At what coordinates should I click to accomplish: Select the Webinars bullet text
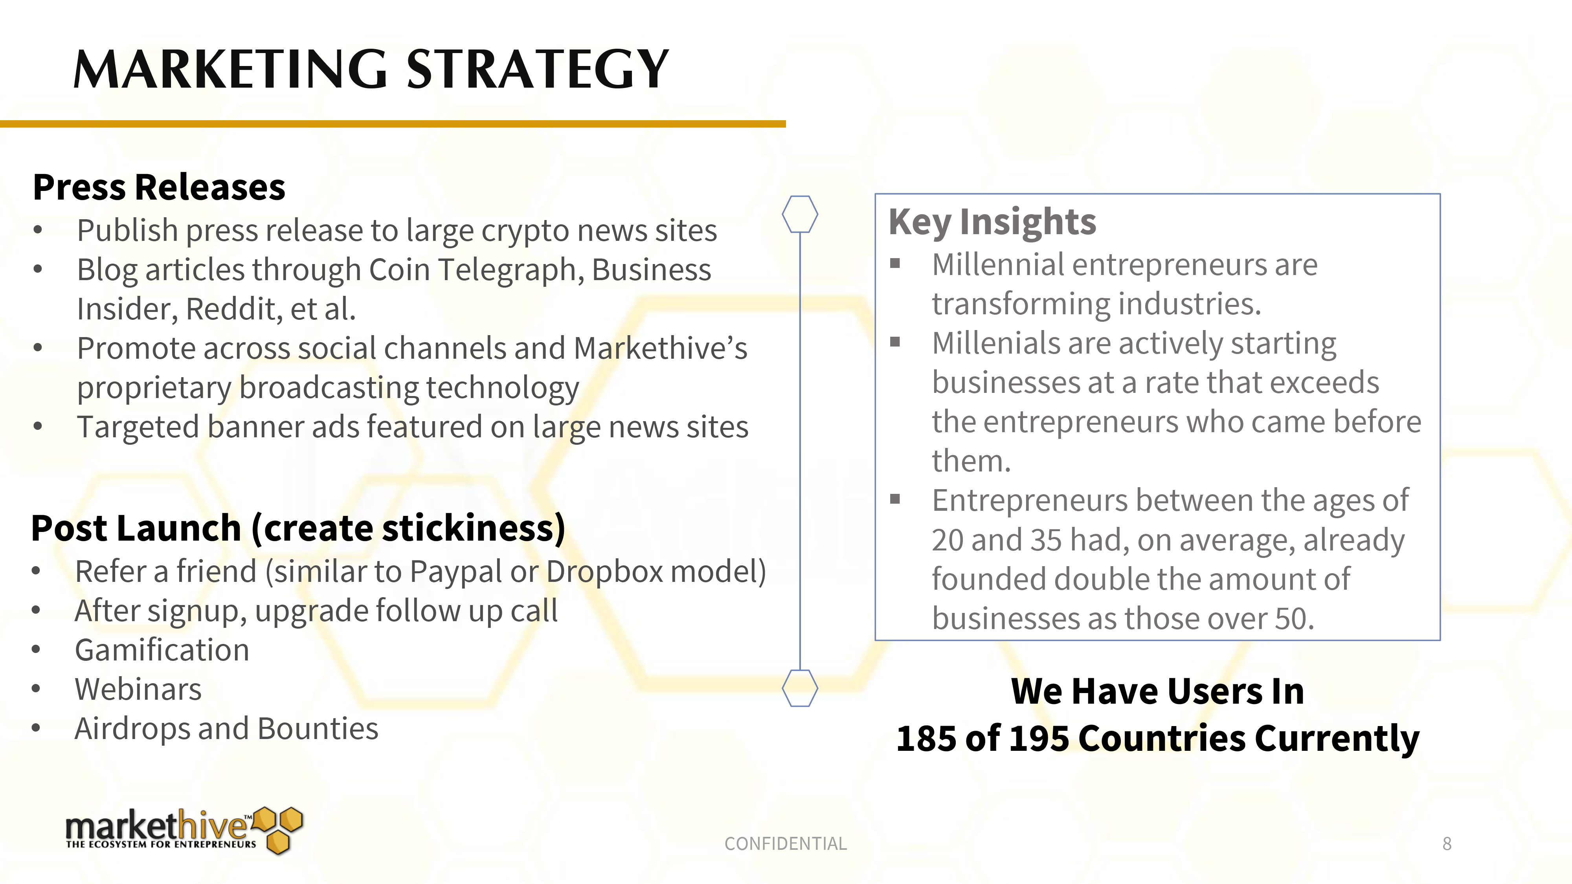138,690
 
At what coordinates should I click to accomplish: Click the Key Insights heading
992,222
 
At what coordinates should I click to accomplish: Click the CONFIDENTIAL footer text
785,844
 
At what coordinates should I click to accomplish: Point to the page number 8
1447,844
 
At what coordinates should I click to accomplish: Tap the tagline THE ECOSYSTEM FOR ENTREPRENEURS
161,844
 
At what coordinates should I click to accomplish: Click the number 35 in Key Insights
1046,541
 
